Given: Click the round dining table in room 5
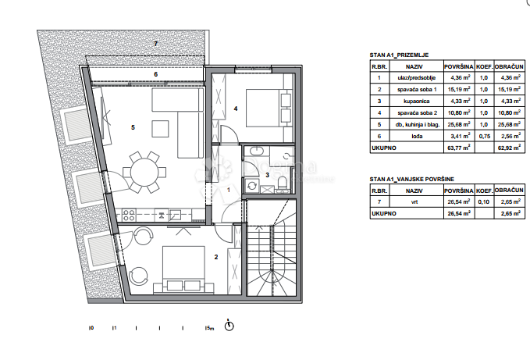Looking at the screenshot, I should click(x=146, y=171).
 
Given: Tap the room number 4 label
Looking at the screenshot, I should click(x=236, y=109).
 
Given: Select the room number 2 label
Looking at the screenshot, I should click(x=216, y=255).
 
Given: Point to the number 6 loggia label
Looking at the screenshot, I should click(x=155, y=75).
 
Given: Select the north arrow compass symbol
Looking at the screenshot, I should click(x=229, y=326).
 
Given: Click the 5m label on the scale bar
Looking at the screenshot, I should click(x=208, y=329).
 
